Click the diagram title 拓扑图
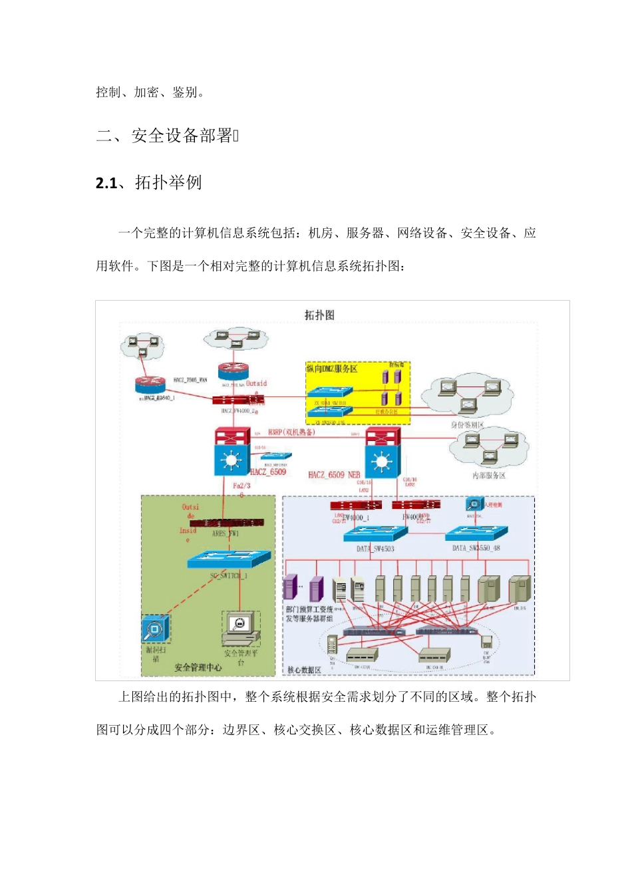[x=319, y=315]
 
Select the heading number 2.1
[x=106, y=183]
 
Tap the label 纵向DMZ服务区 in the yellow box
[x=332, y=369]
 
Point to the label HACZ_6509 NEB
[x=334, y=475]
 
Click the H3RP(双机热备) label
[x=291, y=432]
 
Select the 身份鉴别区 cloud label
[x=467, y=424]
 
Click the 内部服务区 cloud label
[x=489, y=475]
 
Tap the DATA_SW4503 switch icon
[x=373, y=533]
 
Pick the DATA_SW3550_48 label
[x=476, y=548]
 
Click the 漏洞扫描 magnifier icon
[x=155, y=629]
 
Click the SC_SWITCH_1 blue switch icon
[x=230, y=559]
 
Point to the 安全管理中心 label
[x=198, y=667]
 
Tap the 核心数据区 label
[x=304, y=670]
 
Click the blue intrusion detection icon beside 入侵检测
[x=474, y=504]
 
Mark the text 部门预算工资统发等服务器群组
[x=309, y=614]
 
